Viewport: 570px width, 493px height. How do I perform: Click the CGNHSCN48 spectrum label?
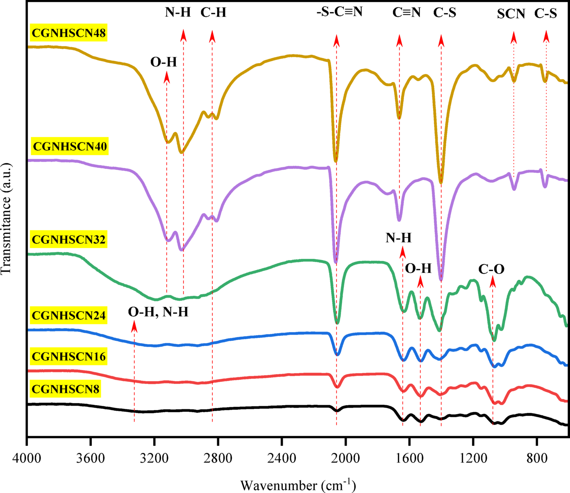click(69, 33)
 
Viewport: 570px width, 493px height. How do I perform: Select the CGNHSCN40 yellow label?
click(70, 146)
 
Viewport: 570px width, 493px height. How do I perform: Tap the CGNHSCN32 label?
click(69, 239)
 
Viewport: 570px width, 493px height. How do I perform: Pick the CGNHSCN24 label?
click(69, 315)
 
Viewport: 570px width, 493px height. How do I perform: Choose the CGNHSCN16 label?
click(69, 356)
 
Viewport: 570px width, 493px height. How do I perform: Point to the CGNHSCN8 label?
click(66, 389)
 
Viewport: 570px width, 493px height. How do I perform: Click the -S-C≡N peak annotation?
click(340, 11)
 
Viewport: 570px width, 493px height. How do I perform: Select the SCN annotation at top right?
click(511, 14)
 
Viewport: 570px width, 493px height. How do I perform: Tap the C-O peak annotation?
click(491, 269)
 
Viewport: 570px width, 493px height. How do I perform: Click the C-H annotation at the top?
click(213, 13)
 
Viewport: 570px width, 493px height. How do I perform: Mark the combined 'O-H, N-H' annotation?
click(158, 312)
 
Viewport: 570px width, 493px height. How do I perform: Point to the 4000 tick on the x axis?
click(27, 458)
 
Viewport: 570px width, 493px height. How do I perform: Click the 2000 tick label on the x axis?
click(345, 458)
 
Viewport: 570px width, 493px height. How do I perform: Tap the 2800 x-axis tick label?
click(218, 458)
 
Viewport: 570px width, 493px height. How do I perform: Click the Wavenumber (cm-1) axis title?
click(298, 485)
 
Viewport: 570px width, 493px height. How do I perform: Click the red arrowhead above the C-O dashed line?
click(493, 282)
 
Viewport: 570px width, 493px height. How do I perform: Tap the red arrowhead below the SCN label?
click(513, 38)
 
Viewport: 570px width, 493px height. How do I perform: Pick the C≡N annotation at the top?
click(406, 13)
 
